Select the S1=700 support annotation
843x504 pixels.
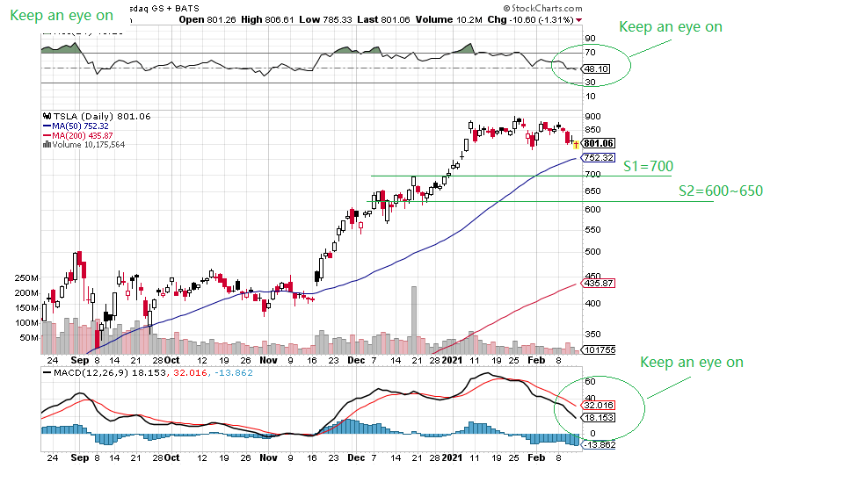click(x=648, y=166)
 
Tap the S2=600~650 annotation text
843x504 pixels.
click(x=720, y=191)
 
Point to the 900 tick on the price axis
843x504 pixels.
click(x=592, y=117)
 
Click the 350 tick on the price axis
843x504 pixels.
click(x=592, y=334)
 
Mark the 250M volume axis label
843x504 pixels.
click(x=26, y=277)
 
